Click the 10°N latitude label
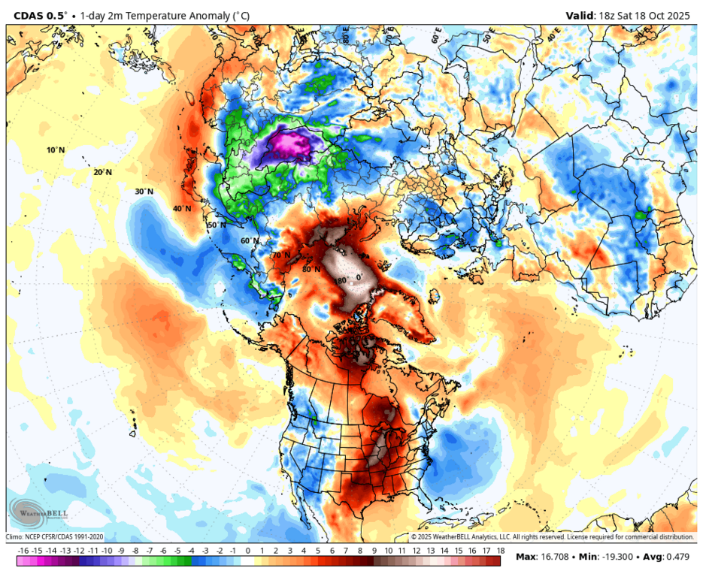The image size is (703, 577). coord(56,150)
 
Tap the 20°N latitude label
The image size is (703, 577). coord(103,172)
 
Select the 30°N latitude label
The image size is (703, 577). coord(144,192)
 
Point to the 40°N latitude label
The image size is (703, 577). coord(181,209)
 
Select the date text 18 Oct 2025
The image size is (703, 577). coord(662,15)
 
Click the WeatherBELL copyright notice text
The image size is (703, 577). coord(552,537)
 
